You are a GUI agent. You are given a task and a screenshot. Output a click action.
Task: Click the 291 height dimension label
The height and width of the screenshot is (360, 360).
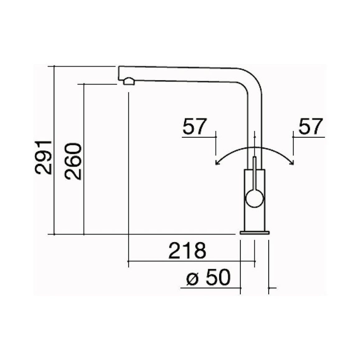(43, 158)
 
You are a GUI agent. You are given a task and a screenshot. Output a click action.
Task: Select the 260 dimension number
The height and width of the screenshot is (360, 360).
(73, 161)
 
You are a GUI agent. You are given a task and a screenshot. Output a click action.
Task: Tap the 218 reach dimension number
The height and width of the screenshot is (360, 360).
(187, 250)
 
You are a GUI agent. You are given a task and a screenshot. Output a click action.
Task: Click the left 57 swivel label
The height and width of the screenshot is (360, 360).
(195, 126)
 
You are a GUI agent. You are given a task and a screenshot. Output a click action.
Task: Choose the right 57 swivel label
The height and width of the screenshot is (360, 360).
(310, 126)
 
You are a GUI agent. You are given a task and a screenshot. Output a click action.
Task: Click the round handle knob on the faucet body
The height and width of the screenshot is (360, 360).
(254, 198)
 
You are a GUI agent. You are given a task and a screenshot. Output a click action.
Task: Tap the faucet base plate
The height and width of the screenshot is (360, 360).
(254, 233)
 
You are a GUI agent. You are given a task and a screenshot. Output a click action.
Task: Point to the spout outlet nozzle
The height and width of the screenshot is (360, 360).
(129, 81)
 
